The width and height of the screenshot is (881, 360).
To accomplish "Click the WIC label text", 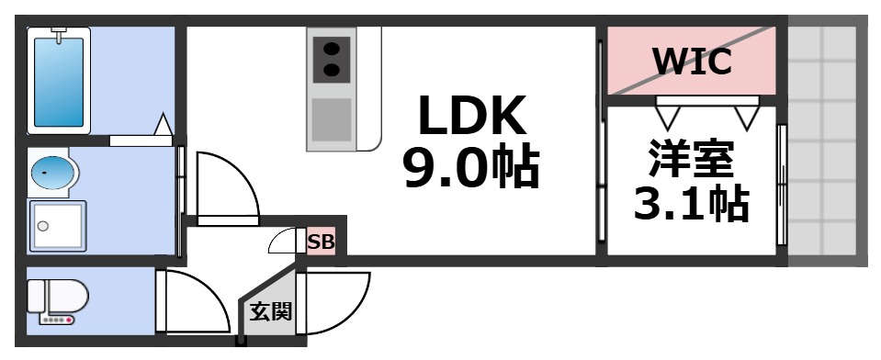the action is click(x=692, y=62).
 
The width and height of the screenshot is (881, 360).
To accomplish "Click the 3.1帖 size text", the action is click(x=692, y=204).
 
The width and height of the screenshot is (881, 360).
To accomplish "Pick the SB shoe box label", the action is click(x=321, y=243).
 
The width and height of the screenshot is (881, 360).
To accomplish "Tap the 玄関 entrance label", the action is click(x=270, y=311).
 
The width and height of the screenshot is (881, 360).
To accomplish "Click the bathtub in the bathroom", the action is click(x=59, y=81).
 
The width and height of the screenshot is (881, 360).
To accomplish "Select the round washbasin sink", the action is click(x=52, y=172).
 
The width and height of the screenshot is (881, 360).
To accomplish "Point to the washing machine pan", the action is click(x=57, y=224).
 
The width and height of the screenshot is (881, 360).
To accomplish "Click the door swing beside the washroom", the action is click(x=224, y=184).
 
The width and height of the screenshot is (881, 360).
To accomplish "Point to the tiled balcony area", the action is click(x=826, y=138).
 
